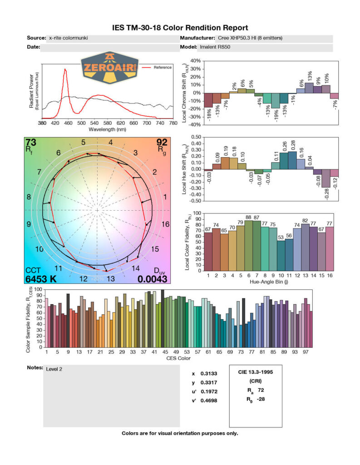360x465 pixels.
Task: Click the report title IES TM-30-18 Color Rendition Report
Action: pos(180,28)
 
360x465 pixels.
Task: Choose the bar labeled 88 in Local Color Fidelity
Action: pos(249,245)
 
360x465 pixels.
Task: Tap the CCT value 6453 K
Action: pos(41,279)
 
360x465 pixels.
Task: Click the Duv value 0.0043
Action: pos(153,279)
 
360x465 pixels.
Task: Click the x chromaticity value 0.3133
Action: pos(208,374)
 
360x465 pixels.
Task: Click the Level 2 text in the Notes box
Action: pos(54,369)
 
